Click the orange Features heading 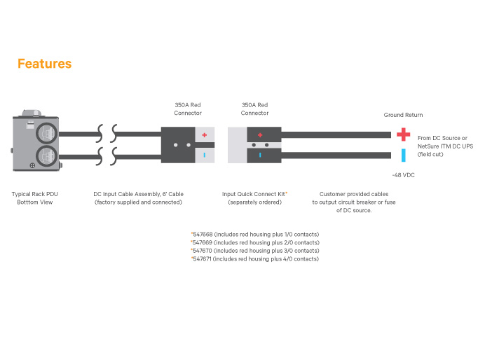click(x=45, y=64)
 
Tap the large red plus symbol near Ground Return click(x=403, y=134)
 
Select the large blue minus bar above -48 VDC click(x=403, y=155)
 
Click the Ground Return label click(x=403, y=115)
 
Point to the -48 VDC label click(x=403, y=175)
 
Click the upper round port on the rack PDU click(x=47, y=134)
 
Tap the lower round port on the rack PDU click(x=47, y=156)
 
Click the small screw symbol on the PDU click(x=32, y=165)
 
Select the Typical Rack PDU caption click(x=35, y=198)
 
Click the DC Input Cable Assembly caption click(x=138, y=198)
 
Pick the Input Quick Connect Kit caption click(x=254, y=198)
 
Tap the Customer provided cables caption click(x=354, y=202)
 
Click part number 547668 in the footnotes click(x=203, y=235)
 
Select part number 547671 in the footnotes click(x=202, y=259)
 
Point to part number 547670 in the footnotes click(x=203, y=251)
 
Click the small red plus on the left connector click(x=205, y=135)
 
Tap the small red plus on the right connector click(x=260, y=135)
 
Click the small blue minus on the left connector click(x=205, y=155)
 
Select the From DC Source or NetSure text click(x=446, y=146)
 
